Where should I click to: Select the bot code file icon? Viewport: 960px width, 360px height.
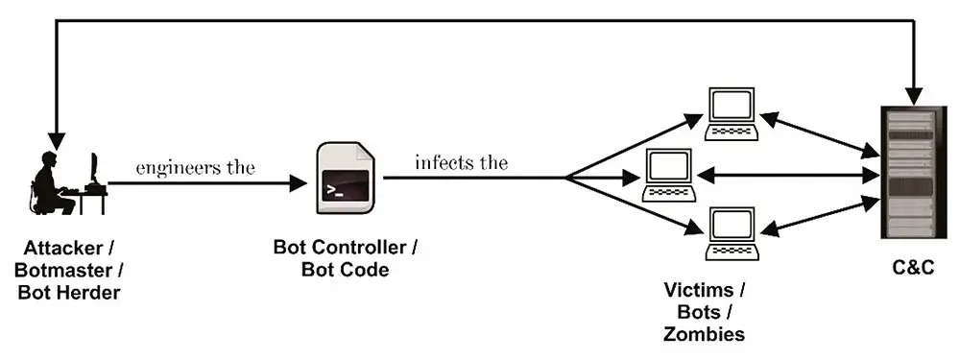(x=346, y=179)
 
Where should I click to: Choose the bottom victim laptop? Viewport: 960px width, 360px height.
(x=732, y=234)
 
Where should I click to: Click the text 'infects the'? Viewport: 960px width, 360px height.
(x=461, y=161)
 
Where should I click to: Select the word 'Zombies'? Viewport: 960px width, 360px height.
(x=705, y=333)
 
